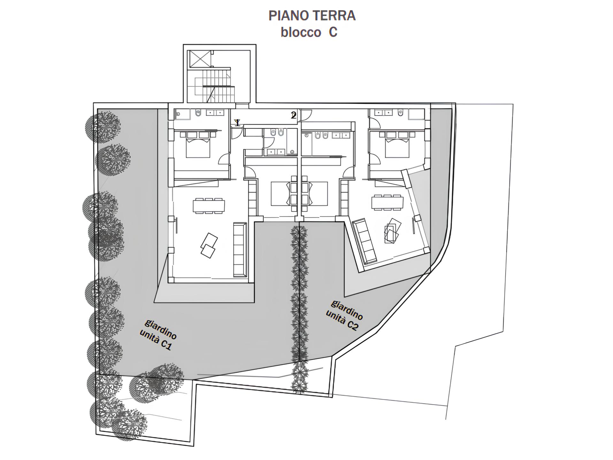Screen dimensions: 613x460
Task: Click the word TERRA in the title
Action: (x=335, y=16)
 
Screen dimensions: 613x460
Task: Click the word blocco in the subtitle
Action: (x=301, y=32)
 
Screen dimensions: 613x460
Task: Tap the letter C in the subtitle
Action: (x=333, y=32)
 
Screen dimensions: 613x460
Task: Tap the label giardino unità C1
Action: (x=158, y=334)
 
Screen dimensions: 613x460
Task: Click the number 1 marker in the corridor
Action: (x=237, y=123)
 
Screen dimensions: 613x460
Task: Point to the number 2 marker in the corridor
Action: (x=294, y=115)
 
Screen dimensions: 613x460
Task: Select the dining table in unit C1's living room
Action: (x=209, y=206)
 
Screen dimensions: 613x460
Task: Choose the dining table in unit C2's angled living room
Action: (x=387, y=202)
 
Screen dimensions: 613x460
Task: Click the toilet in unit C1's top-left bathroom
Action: (x=198, y=113)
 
